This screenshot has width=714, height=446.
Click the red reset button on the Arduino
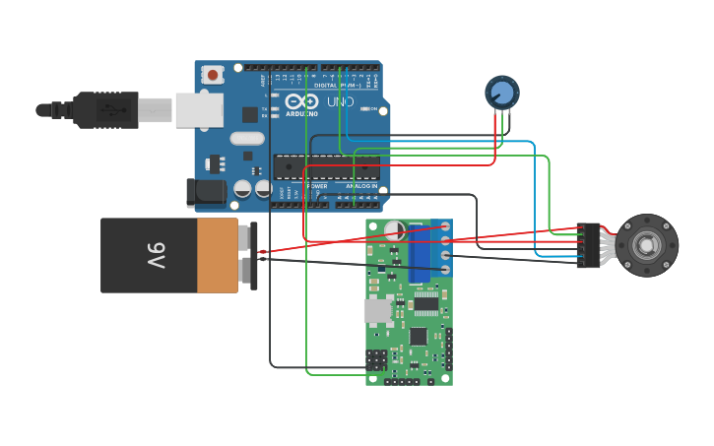[213, 75]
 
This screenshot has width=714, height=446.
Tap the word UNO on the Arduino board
[340, 101]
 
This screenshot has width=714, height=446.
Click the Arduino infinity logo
[301, 101]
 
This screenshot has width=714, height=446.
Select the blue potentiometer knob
[502, 93]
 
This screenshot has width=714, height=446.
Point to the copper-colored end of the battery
[218, 256]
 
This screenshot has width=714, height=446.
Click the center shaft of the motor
[647, 244]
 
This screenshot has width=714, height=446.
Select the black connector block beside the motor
[588, 244]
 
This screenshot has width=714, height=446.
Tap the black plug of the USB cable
[104, 109]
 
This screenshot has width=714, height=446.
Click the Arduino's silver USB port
[199, 110]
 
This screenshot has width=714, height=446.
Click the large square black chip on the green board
[419, 335]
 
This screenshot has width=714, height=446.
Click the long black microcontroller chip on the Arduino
[325, 167]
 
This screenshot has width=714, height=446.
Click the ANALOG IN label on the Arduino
[360, 186]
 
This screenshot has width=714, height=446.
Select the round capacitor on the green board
[395, 230]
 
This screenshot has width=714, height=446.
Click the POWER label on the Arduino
[317, 186]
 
